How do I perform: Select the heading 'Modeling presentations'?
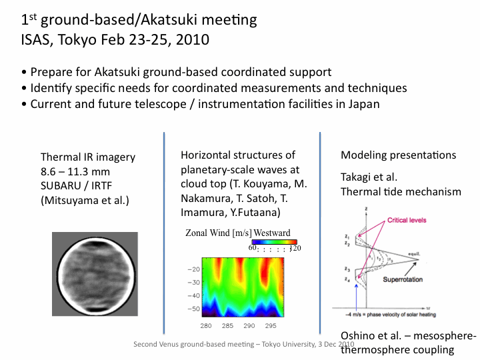(x=399, y=155)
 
